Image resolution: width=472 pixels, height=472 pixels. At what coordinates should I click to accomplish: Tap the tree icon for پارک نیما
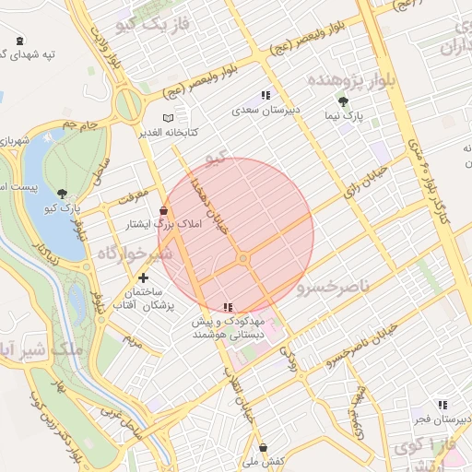click(x=343, y=101)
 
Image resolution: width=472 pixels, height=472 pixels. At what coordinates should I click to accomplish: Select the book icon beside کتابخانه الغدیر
click(x=167, y=118)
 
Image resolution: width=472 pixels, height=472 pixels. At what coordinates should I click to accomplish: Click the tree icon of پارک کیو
click(x=62, y=194)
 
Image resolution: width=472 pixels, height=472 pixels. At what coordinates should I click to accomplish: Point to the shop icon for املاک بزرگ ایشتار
click(x=163, y=210)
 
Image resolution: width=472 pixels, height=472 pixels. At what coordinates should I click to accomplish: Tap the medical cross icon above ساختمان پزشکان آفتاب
click(x=142, y=277)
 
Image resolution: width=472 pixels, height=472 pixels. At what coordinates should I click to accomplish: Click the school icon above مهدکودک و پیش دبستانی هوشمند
click(x=228, y=307)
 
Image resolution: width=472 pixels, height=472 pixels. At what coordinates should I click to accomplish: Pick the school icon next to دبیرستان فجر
click(x=442, y=404)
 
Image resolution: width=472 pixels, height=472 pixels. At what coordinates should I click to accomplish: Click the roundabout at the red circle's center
click(x=243, y=260)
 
